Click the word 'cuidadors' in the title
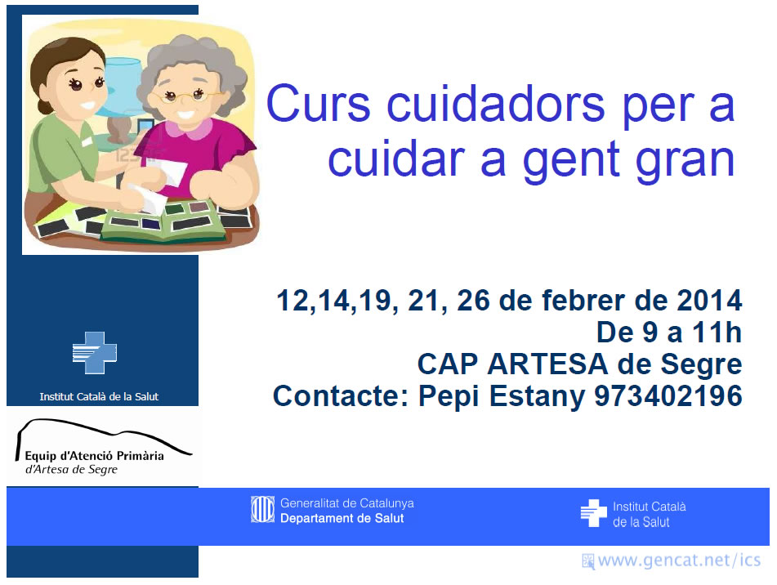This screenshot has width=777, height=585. [x=496, y=104]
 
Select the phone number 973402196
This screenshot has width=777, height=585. [x=668, y=395]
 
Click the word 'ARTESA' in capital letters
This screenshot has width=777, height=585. [x=547, y=364]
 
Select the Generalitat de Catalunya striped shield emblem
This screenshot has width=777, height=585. [x=262, y=509]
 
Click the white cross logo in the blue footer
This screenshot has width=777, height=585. [x=593, y=513]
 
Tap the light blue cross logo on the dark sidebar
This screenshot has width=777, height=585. [x=94, y=352]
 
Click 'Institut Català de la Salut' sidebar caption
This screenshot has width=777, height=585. [x=99, y=397]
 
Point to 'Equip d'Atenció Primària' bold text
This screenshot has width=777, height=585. [x=94, y=456]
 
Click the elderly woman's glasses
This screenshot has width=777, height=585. [x=185, y=95]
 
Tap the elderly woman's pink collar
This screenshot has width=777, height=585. [x=187, y=127]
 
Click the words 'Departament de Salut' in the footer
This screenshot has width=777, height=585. [x=342, y=518]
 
